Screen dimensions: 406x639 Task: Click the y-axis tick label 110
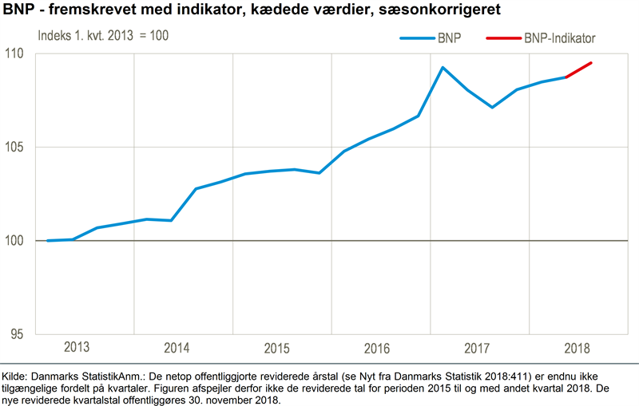(17, 53)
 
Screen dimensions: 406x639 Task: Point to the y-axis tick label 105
(17, 147)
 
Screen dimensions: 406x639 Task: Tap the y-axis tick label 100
(17, 240)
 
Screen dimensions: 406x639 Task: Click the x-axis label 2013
(76, 348)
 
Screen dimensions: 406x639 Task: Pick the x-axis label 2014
(177, 348)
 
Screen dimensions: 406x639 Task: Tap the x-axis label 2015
(276, 348)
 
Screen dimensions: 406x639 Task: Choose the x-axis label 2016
(376, 348)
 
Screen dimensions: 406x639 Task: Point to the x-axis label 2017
(477, 348)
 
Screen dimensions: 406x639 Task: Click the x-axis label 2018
(577, 348)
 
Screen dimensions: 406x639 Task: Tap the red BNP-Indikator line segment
(578, 70)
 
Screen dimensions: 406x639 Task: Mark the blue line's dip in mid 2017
(493, 107)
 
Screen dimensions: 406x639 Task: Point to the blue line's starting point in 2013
(48, 240)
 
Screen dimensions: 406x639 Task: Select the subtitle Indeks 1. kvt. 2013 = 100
(104, 36)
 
